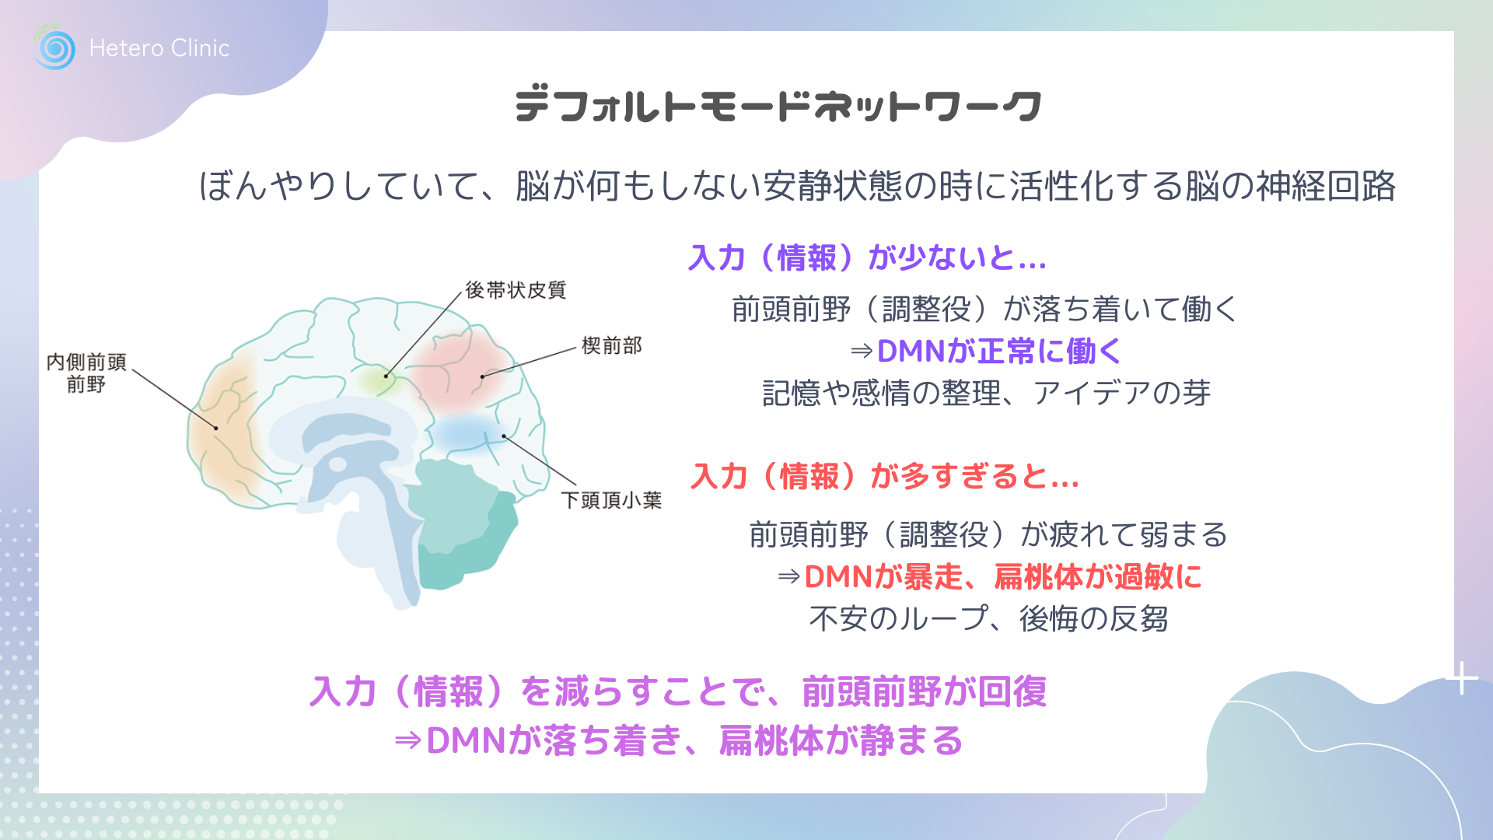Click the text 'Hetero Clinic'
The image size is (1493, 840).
(x=159, y=48)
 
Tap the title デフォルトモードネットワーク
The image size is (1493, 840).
(x=778, y=106)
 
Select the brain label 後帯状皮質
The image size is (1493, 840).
(x=516, y=290)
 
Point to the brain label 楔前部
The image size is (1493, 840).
(x=612, y=345)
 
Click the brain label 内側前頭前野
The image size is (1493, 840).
(x=86, y=373)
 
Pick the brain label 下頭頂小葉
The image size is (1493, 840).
(x=611, y=500)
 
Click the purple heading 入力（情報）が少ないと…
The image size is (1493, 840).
(x=868, y=257)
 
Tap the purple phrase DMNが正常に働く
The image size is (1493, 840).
(x=999, y=351)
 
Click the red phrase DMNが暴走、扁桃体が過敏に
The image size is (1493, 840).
(x=1003, y=576)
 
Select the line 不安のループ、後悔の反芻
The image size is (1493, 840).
(x=988, y=619)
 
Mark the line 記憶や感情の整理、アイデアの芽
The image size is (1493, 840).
(x=987, y=393)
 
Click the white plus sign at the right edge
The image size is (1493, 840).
(x=1463, y=678)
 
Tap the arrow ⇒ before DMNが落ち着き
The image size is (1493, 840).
(x=407, y=740)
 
